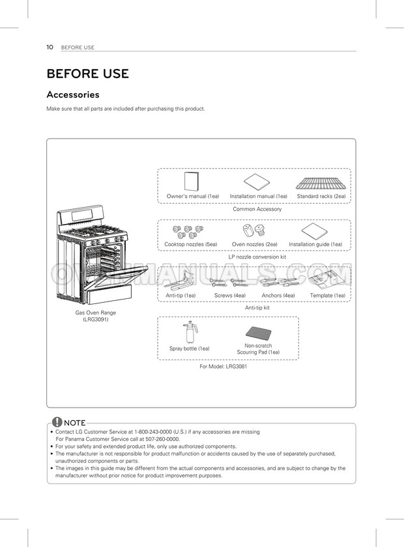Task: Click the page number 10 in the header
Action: click(x=50, y=47)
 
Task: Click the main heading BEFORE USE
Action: click(x=87, y=74)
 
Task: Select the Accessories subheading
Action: click(x=72, y=95)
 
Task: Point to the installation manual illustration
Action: click(x=258, y=182)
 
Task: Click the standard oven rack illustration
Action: click(x=321, y=182)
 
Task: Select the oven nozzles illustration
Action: click(x=252, y=231)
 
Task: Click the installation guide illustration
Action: click(x=315, y=231)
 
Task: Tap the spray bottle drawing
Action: click(x=190, y=331)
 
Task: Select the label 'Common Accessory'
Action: click(x=257, y=209)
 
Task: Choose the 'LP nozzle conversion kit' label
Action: click(x=257, y=257)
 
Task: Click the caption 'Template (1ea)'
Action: click(x=327, y=296)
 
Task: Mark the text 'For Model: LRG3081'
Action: click(x=223, y=367)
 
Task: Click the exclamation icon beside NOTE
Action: click(x=57, y=423)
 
